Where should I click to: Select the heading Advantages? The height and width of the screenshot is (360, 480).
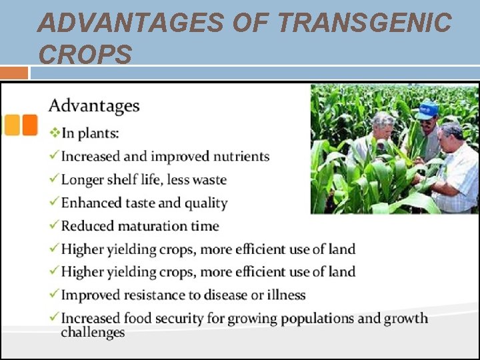pos(94,106)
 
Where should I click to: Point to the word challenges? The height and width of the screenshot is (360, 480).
pos(93,333)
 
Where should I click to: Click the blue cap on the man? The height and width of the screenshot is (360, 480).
pos(427,108)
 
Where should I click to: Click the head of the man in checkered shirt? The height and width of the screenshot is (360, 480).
pos(452,135)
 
